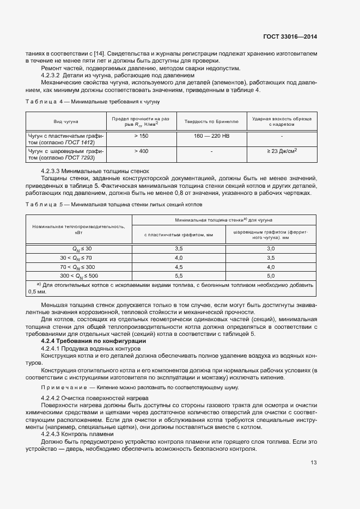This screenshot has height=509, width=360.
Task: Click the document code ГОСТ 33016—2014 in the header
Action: coord(290,37)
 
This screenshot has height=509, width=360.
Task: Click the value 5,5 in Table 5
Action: coord(178,276)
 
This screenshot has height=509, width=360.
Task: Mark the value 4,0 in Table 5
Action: coord(178,257)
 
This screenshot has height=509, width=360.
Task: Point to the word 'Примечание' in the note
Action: coord(64,387)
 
